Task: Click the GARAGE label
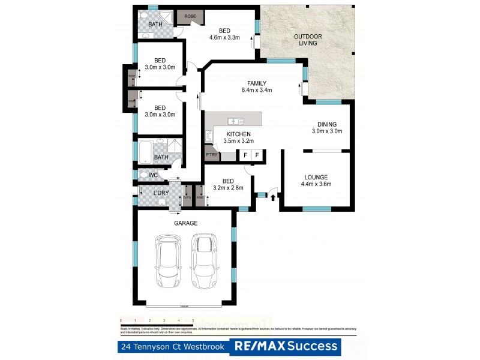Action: coord(187,223)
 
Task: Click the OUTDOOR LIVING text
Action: coord(308,41)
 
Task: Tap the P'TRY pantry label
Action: coord(211,154)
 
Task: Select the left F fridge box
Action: coord(245,155)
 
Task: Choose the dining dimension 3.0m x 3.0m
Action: coord(327,131)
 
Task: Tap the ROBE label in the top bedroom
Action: coord(190,16)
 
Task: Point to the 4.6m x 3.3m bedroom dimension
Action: coord(224,38)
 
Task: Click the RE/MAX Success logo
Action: coord(285,347)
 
